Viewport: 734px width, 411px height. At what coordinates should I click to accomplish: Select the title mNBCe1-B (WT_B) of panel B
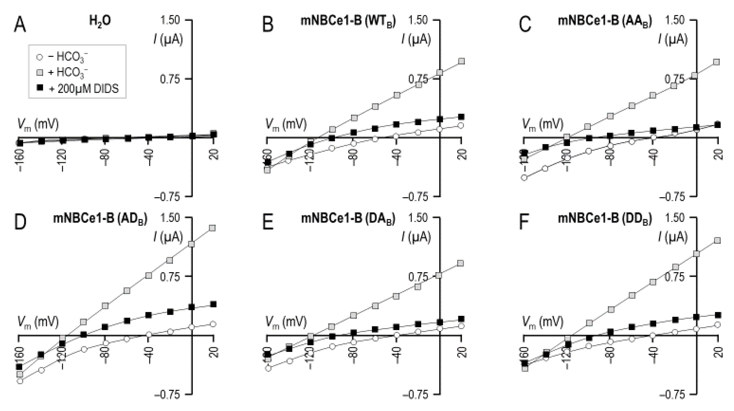click(348, 21)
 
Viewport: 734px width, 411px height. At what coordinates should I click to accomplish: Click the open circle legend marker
click(40, 57)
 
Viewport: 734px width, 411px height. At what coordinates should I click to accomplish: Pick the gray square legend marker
click(40, 72)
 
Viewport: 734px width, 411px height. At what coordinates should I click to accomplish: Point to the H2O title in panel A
click(100, 21)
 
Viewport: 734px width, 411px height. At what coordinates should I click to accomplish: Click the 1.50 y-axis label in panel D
click(170, 218)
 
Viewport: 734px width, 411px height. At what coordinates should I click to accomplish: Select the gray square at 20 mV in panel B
click(462, 61)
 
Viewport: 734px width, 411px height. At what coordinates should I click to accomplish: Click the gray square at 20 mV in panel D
click(212, 228)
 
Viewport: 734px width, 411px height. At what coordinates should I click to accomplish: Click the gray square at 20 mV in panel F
click(718, 240)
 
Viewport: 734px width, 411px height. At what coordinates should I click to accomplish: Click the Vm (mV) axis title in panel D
click(38, 322)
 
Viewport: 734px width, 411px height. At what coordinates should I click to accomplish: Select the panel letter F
click(524, 223)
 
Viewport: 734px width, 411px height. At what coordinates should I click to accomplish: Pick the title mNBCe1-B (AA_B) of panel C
click(605, 21)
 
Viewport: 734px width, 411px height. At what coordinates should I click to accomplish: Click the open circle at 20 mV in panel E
click(462, 326)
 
